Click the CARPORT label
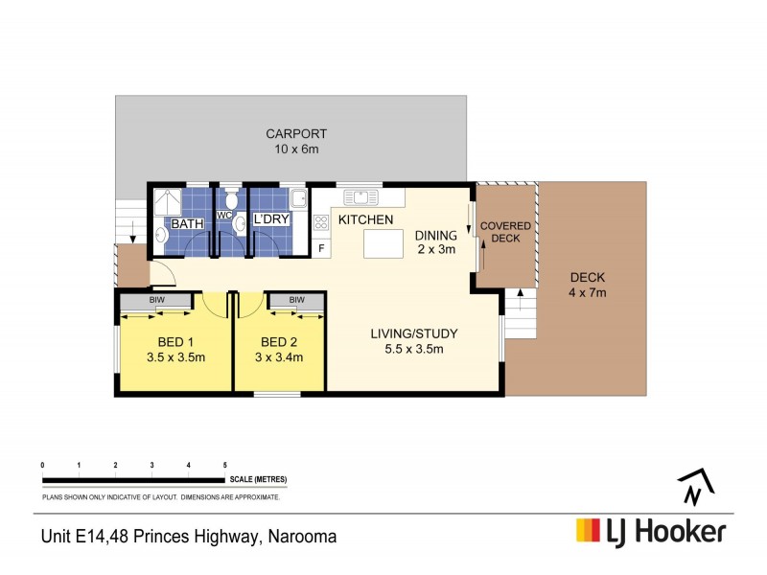(x=297, y=134)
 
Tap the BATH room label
(x=188, y=223)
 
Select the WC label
(x=225, y=215)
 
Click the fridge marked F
(x=321, y=249)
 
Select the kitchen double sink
(x=361, y=197)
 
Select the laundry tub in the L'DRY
(x=299, y=199)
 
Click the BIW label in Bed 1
(x=154, y=300)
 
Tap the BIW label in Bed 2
(x=296, y=300)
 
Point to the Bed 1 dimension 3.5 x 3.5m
(x=175, y=357)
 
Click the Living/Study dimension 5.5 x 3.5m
(x=414, y=349)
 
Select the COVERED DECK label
(x=505, y=231)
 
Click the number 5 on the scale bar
(x=224, y=465)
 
